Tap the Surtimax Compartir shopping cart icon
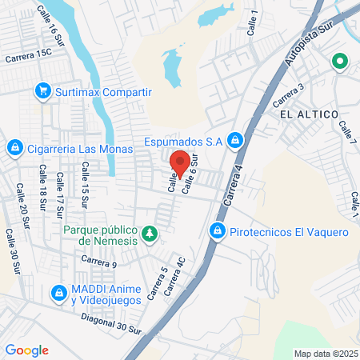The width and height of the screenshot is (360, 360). pyautogui.click(x=43, y=91)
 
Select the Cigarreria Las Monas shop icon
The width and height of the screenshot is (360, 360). pyautogui.click(x=14, y=147)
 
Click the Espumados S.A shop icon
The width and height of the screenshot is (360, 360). pyautogui.click(x=234, y=141)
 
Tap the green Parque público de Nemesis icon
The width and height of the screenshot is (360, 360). pyautogui.click(x=149, y=233)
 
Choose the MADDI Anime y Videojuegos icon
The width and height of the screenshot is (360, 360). pyautogui.click(x=58, y=294)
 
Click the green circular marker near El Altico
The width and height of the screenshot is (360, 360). pyautogui.click(x=340, y=61)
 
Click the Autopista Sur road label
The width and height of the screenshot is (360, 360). pyautogui.click(x=309, y=50)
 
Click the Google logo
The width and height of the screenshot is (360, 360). pyautogui.click(x=26, y=350)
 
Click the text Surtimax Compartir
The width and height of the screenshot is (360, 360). pyautogui.click(x=103, y=92)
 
